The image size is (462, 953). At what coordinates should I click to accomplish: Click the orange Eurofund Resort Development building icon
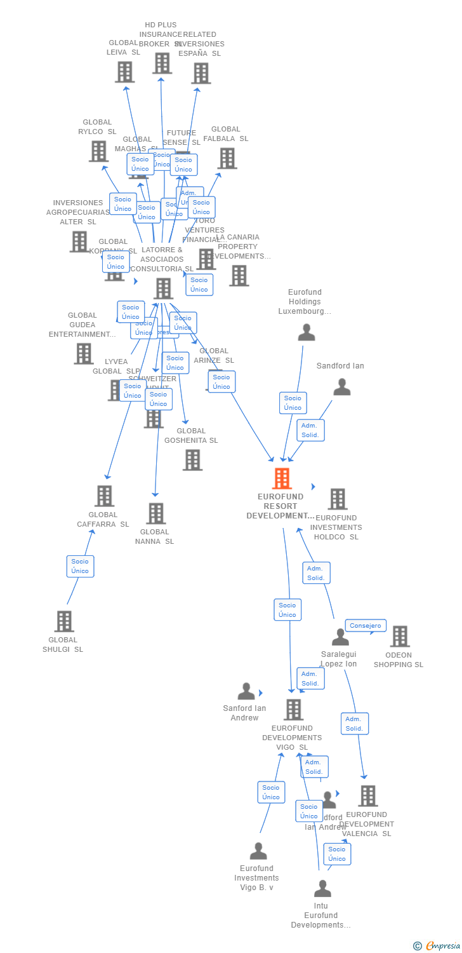[x=282, y=478]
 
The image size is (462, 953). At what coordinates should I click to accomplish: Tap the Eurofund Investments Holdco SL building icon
[x=338, y=499]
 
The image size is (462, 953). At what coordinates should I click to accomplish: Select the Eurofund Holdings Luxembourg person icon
[x=307, y=332]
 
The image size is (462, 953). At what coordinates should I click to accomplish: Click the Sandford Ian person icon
[x=342, y=387]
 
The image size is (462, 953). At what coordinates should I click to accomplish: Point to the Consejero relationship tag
[x=366, y=626]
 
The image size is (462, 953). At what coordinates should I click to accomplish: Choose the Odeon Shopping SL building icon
[x=400, y=637]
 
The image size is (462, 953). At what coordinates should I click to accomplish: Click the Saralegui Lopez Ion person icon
[x=340, y=637]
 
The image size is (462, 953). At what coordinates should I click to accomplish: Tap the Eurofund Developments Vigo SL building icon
[x=293, y=710]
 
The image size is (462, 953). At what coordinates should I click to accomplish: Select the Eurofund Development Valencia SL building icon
[x=368, y=796]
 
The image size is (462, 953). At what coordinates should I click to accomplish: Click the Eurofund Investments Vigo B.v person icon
[x=258, y=851]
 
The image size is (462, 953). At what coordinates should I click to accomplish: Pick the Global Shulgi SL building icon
[x=64, y=621]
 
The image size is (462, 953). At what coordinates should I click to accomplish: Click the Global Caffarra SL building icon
[x=104, y=496]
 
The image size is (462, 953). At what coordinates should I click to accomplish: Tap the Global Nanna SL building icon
[x=156, y=513]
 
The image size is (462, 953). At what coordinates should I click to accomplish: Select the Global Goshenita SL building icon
[x=192, y=460]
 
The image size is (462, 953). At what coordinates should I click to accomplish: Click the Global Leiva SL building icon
[x=124, y=72]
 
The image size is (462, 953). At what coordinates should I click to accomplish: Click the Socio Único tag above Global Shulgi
[x=80, y=566]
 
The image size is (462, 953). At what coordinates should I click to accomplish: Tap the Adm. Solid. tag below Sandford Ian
[x=310, y=430]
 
